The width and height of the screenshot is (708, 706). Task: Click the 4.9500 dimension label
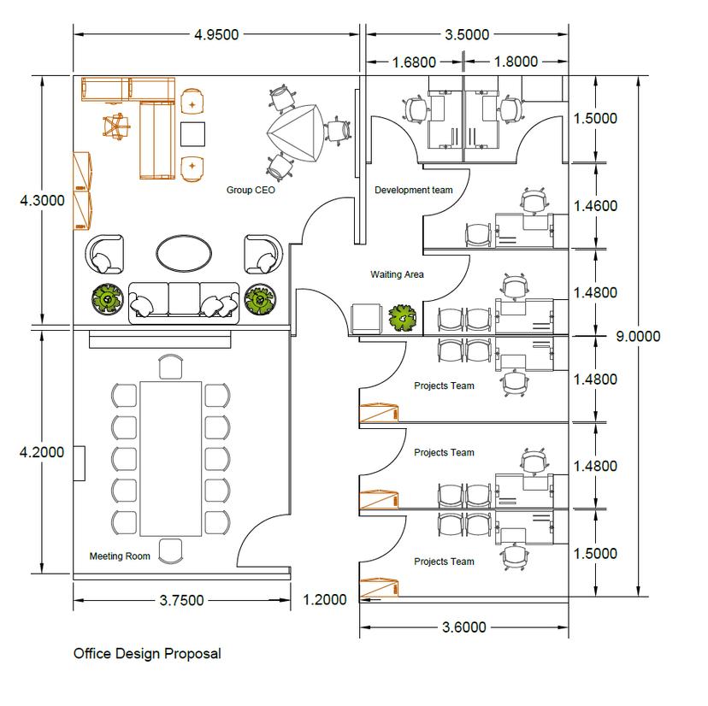tap(216, 35)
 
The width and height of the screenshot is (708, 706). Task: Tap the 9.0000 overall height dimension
tap(638, 336)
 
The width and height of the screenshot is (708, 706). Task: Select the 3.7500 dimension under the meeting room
tap(181, 600)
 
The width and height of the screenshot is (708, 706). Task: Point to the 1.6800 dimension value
tap(414, 62)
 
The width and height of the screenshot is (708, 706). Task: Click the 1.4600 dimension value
tap(595, 206)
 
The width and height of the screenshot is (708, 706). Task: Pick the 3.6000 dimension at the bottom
tap(464, 627)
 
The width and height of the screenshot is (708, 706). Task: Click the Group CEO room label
tap(251, 190)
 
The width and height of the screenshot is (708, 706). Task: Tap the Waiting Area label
tap(397, 274)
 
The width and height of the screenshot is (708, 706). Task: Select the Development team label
tap(414, 190)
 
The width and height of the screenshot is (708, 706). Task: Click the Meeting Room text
tap(120, 556)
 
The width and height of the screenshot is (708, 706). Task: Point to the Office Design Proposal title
tap(147, 654)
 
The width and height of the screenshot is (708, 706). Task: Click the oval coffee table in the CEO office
tap(184, 253)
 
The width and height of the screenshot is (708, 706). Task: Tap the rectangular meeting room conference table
tap(171, 459)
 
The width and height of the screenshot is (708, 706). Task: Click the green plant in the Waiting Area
tap(403, 318)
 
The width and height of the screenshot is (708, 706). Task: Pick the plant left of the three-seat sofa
tap(108, 299)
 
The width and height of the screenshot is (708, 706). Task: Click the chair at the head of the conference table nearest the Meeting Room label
tap(171, 550)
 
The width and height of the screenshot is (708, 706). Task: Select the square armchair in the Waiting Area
tap(366, 320)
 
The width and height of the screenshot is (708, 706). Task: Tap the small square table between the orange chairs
tap(192, 134)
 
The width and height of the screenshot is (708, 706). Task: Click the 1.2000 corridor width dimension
tap(325, 600)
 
